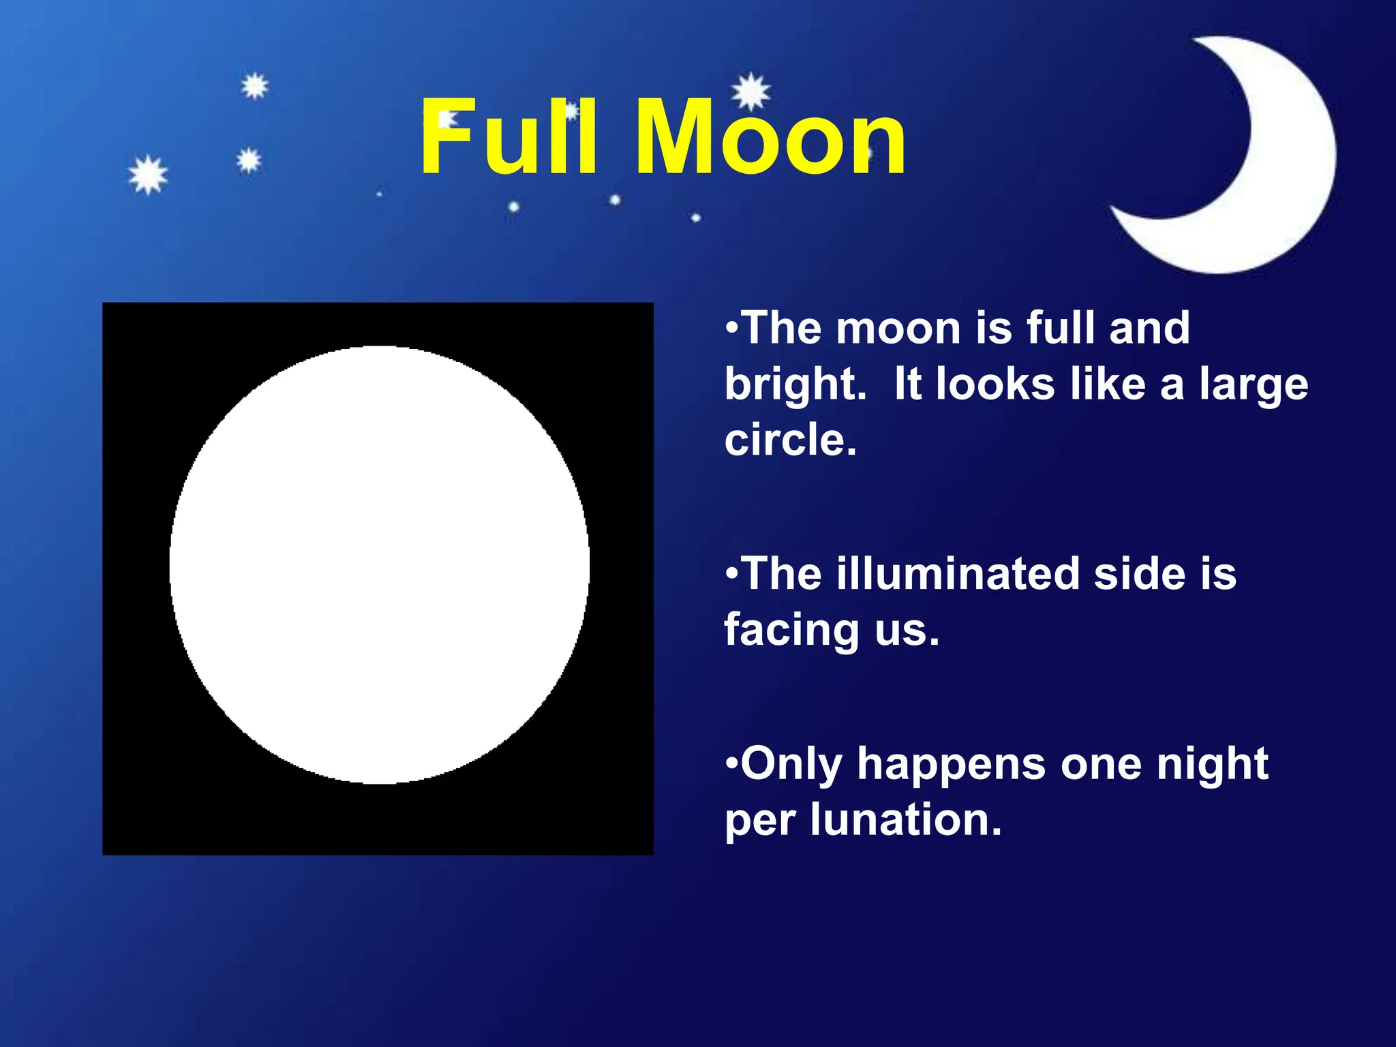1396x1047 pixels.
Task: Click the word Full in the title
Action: tap(509, 138)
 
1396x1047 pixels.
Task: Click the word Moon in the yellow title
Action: tap(770, 138)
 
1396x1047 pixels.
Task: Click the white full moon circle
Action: tap(379, 564)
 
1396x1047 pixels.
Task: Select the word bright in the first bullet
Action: tap(795, 384)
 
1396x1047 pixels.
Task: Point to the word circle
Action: tap(789, 440)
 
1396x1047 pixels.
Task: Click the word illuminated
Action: tap(958, 573)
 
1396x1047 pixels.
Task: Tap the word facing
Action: tap(791, 630)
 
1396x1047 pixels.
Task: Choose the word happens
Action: tap(950, 765)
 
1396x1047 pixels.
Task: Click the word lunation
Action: tap(905, 819)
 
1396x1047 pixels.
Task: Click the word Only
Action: tap(791, 765)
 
